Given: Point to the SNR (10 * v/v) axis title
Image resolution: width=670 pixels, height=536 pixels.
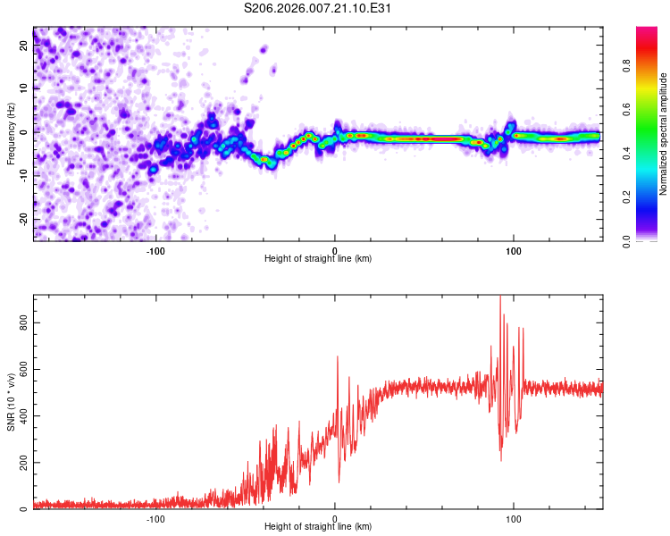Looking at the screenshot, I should pyautogui.click(x=12, y=402).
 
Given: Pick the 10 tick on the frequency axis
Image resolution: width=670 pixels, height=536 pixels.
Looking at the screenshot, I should pyautogui.click(x=24, y=88).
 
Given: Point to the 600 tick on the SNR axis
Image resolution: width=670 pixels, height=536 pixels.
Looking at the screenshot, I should pyautogui.click(x=24, y=369).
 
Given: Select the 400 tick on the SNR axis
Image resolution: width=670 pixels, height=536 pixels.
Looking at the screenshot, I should pyautogui.click(x=24, y=415).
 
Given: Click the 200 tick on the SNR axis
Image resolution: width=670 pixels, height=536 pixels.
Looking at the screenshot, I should pyautogui.click(x=24, y=463).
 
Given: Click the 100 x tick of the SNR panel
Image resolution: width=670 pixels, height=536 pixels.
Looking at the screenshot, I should pyautogui.click(x=514, y=518).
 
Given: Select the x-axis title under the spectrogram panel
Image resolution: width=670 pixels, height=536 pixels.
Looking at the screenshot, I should pyautogui.click(x=318, y=258).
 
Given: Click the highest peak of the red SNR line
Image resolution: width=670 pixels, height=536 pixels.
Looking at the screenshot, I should pyautogui.click(x=500, y=297).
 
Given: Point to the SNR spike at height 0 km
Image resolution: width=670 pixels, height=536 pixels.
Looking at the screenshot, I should pyautogui.click(x=338, y=356).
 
